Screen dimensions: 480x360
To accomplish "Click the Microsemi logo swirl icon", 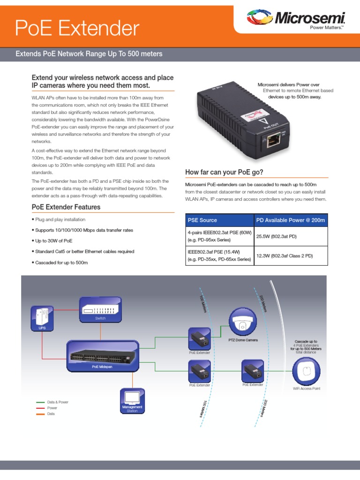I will (x=259, y=18).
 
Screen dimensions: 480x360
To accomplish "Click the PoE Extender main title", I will (x=77, y=29).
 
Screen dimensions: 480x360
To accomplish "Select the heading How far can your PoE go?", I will (x=225, y=172).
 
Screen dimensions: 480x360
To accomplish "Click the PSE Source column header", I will (x=202, y=220).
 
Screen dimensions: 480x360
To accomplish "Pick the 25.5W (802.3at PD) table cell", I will (x=277, y=237).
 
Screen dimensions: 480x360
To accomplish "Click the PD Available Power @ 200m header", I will (x=291, y=220).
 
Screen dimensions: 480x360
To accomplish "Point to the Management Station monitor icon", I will (x=132, y=398).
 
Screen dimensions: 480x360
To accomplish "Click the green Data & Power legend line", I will (x=40, y=402).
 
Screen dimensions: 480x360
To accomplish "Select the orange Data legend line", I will (x=40, y=414).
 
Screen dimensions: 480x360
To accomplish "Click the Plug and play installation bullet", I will (x=60, y=219).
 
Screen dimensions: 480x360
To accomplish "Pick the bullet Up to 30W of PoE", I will (x=53, y=241).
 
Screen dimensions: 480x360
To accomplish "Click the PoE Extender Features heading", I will (x=66, y=207).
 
